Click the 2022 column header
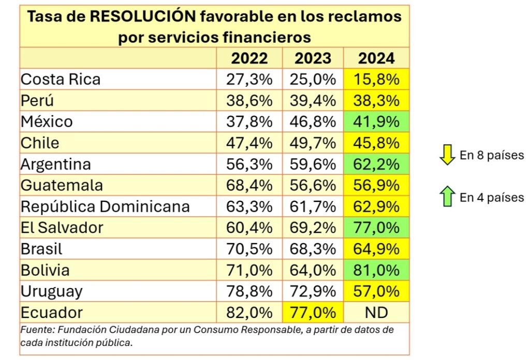(x=249, y=58)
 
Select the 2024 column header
(x=376, y=58)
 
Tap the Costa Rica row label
(x=61, y=79)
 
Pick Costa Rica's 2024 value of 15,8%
(x=376, y=79)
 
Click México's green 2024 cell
(x=376, y=122)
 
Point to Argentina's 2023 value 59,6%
(x=313, y=164)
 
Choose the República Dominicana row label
(x=105, y=207)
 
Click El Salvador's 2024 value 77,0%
(x=376, y=228)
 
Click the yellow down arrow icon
(x=447, y=156)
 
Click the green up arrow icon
(x=447, y=198)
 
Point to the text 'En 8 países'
(x=492, y=155)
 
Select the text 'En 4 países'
(x=492, y=197)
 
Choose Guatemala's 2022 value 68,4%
(x=249, y=185)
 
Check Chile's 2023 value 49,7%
(x=313, y=143)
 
